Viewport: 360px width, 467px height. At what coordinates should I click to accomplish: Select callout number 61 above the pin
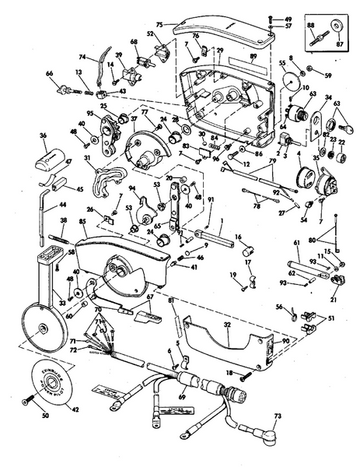[296, 243]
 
